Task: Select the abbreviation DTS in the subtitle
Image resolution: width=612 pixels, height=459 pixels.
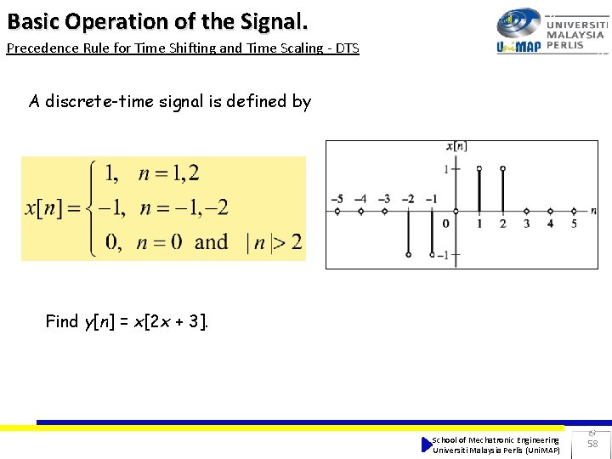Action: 347,48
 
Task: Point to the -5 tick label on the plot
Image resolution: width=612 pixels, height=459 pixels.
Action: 337,200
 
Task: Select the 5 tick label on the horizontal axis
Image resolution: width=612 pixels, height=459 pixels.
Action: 574,224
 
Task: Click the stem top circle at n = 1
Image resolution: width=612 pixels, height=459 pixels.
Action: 479,169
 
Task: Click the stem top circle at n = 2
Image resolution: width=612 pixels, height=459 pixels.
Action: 503,169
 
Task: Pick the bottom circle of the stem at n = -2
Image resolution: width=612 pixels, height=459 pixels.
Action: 409,253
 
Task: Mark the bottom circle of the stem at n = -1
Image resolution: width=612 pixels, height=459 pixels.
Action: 432,253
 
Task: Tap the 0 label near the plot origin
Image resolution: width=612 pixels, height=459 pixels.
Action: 446,224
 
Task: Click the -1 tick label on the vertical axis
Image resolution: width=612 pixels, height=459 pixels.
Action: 443,255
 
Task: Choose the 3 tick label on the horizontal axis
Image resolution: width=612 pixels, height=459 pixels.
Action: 526,224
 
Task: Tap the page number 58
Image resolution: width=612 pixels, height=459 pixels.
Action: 592,445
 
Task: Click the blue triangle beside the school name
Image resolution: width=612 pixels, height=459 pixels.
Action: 426,445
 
